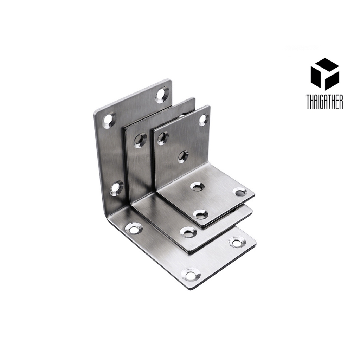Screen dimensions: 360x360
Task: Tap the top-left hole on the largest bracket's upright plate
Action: (110, 120)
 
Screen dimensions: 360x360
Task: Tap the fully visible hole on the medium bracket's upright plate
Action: (140, 140)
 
